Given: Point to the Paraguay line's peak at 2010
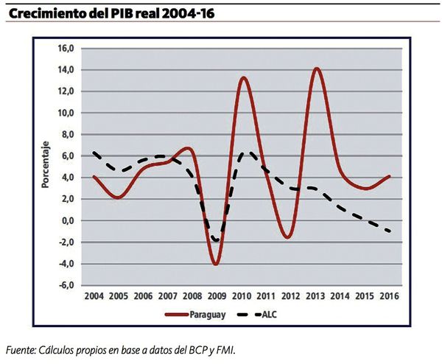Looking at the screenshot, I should click(x=243, y=77).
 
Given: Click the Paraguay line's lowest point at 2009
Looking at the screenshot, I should click(x=215, y=263).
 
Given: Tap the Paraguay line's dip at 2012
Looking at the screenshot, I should click(x=289, y=237).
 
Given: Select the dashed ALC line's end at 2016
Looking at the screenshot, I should click(x=389, y=231).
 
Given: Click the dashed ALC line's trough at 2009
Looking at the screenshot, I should click(x=215, y=241).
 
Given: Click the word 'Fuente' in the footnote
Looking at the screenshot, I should click(x=22, y=349).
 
